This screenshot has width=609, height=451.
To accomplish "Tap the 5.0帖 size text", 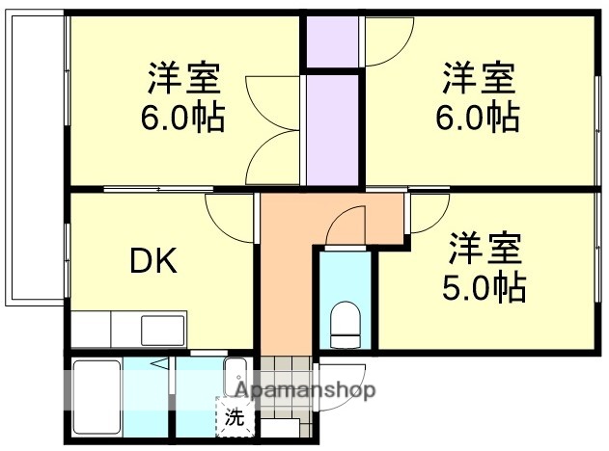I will pyautogui.click(x=484, y=286).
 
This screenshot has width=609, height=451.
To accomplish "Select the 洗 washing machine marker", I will pyautogui.click(x=234, y=418).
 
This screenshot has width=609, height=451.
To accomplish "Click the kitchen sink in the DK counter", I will pyautogui.click(x=156, y=329).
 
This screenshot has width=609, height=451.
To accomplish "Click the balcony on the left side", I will pyautogui.click(x=37, y=159).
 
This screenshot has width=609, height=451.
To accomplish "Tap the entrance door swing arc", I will pyautogui.click(x=344, y=390).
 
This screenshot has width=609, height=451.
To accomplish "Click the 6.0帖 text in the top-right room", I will pyautogui.click(x=480, y=118).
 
